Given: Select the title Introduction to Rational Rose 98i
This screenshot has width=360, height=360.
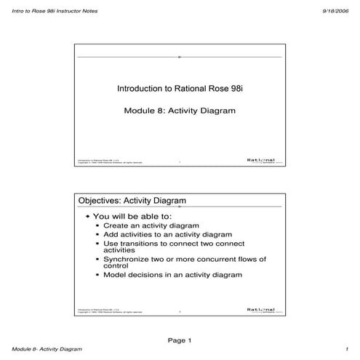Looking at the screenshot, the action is pyautogui.click(x=178, y=89).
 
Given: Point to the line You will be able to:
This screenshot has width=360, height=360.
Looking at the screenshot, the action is pyautogui.click(x=132, y=217).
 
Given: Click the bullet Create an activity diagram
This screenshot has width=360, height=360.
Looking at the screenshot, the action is pyautogui.click(x=151, y=226).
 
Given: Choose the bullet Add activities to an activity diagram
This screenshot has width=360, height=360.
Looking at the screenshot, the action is pyautogui.click(x=168, y=235).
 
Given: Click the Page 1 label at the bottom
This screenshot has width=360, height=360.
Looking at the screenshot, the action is pyautogui.click(x=179, y=340).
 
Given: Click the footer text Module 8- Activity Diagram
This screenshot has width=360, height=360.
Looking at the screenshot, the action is pyautogui.click(x=41, y=350).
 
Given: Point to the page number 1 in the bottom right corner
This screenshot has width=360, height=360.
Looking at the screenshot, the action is pyautogui.click(x=348, y=350).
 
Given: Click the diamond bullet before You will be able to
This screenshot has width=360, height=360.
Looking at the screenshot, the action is pyautogui.click(x=87, y=217).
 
